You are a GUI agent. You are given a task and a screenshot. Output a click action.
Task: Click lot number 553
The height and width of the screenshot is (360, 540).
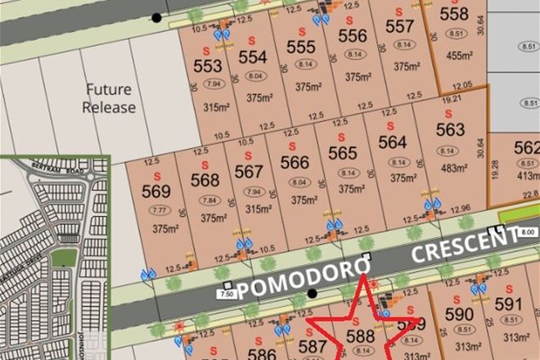click(x=208, y=65)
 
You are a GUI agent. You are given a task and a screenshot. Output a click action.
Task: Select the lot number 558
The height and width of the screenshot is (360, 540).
click(x=454, y=14)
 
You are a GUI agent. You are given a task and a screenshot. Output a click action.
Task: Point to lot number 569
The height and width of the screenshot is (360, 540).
click(x=155, y=191)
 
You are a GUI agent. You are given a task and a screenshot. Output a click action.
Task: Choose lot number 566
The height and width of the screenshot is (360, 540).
click(x=295, y=163)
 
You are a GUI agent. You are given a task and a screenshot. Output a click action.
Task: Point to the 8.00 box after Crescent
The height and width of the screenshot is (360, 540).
click(x=528, y=232)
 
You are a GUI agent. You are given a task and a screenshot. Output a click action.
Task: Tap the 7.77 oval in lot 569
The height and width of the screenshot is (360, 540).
click(x=155, y=210)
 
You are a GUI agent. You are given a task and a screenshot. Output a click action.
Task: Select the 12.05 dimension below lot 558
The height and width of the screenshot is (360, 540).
click(x=463, y=84)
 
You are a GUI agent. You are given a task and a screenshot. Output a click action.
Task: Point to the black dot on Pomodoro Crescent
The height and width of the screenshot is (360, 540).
click(x=312, y=293)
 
